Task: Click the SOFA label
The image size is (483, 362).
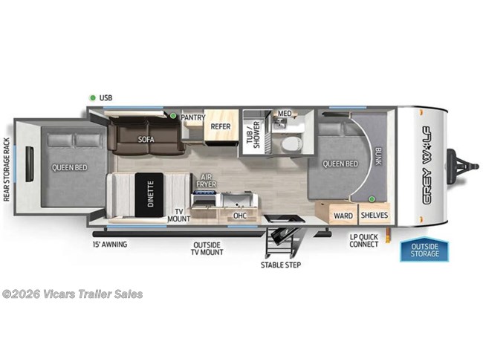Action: [x=145, y=139]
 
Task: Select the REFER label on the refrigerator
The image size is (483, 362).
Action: [x=220, y=126]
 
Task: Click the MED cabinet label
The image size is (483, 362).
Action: [x=285, y=114]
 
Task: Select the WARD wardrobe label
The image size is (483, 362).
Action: [x=343, y=216]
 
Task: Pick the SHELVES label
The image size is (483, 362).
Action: [x=374, y=216]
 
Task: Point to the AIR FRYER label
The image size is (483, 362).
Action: [x=205, y=181]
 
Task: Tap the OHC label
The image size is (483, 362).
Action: [x=240, y=216]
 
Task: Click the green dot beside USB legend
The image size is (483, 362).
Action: [x=91, y=97]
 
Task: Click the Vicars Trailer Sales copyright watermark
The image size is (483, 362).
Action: [x=72, y=294]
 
